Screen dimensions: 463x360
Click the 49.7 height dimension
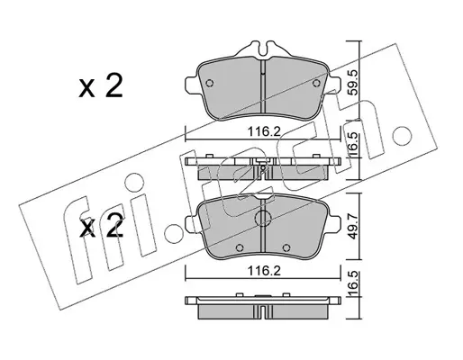[354, 226]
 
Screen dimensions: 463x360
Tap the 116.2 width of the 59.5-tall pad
[263, 131]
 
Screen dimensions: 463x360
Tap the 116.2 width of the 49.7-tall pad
[263, 272]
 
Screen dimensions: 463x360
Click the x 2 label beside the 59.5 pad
[101, 86]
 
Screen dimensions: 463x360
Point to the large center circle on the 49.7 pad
[263, 217]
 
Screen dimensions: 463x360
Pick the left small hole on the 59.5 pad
[210, 83]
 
